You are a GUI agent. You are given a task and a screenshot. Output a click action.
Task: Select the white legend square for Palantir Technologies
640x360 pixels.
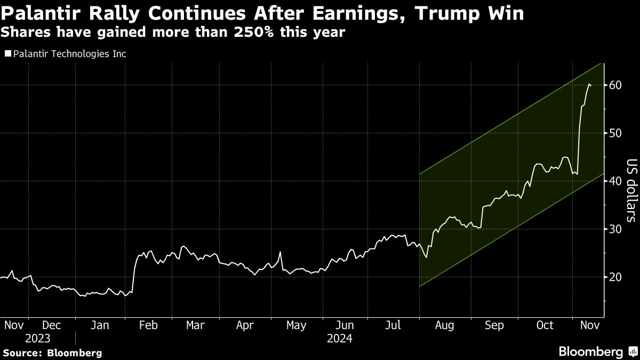[7, 54]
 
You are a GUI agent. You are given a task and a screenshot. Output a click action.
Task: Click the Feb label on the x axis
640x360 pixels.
[148, 325]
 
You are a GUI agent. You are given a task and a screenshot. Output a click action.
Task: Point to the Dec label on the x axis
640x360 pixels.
[52, 325]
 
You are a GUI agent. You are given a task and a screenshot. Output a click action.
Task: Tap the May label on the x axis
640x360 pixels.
[295, 325]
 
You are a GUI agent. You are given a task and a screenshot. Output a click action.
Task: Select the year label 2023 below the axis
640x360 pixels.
[37, 338]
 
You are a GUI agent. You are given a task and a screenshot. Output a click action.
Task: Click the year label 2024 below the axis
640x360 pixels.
[340, 338]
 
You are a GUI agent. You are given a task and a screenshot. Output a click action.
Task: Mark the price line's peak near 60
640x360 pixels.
[589, 84]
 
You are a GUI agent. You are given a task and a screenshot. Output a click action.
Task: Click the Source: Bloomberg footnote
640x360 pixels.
[52, 353]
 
